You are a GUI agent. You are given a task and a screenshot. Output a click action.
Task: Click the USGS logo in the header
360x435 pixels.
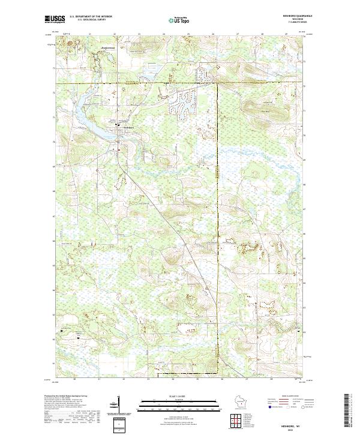[x=54, y=20]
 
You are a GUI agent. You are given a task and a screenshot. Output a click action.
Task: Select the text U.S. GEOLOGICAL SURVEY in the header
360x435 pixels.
[x=89, y=21]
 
